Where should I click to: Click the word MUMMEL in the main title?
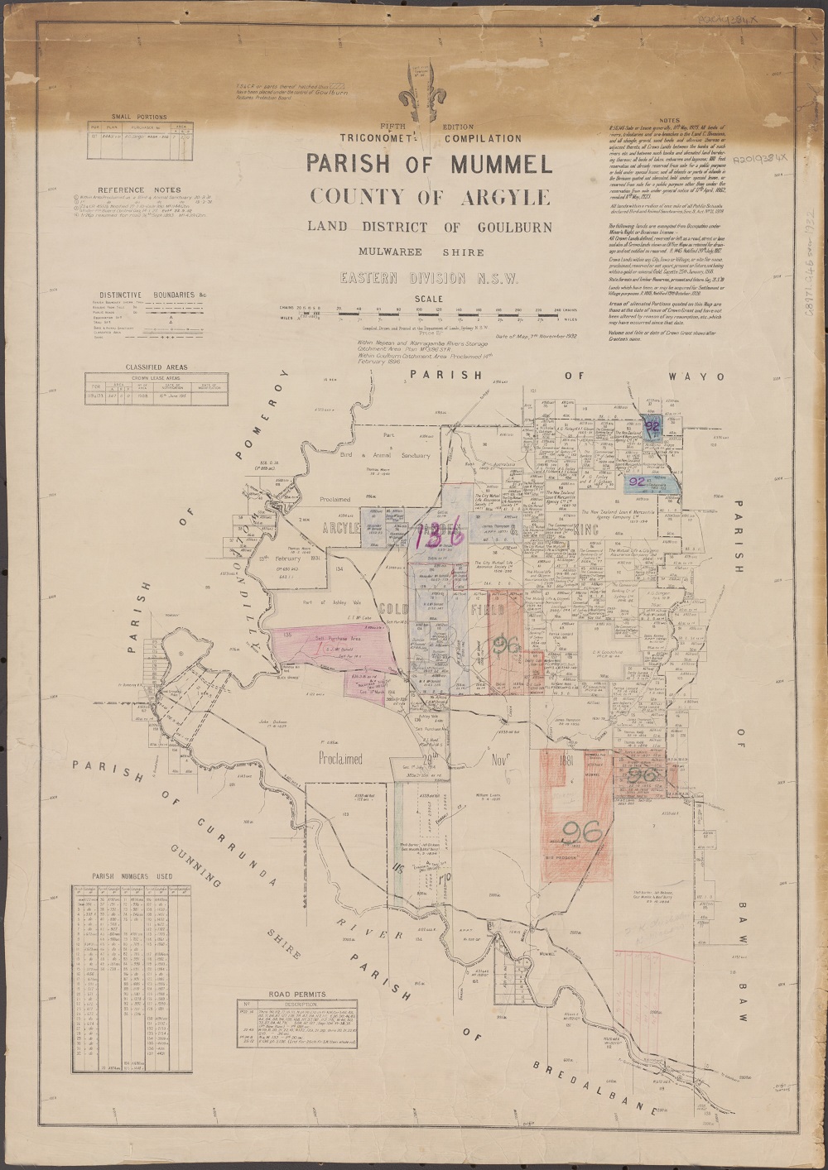[500, 164]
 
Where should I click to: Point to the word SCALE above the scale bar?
[428, 300]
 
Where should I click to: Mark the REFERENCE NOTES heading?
[138, 189]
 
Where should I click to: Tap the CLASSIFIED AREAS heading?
[156, 367]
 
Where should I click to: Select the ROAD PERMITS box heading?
[297, 995]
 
